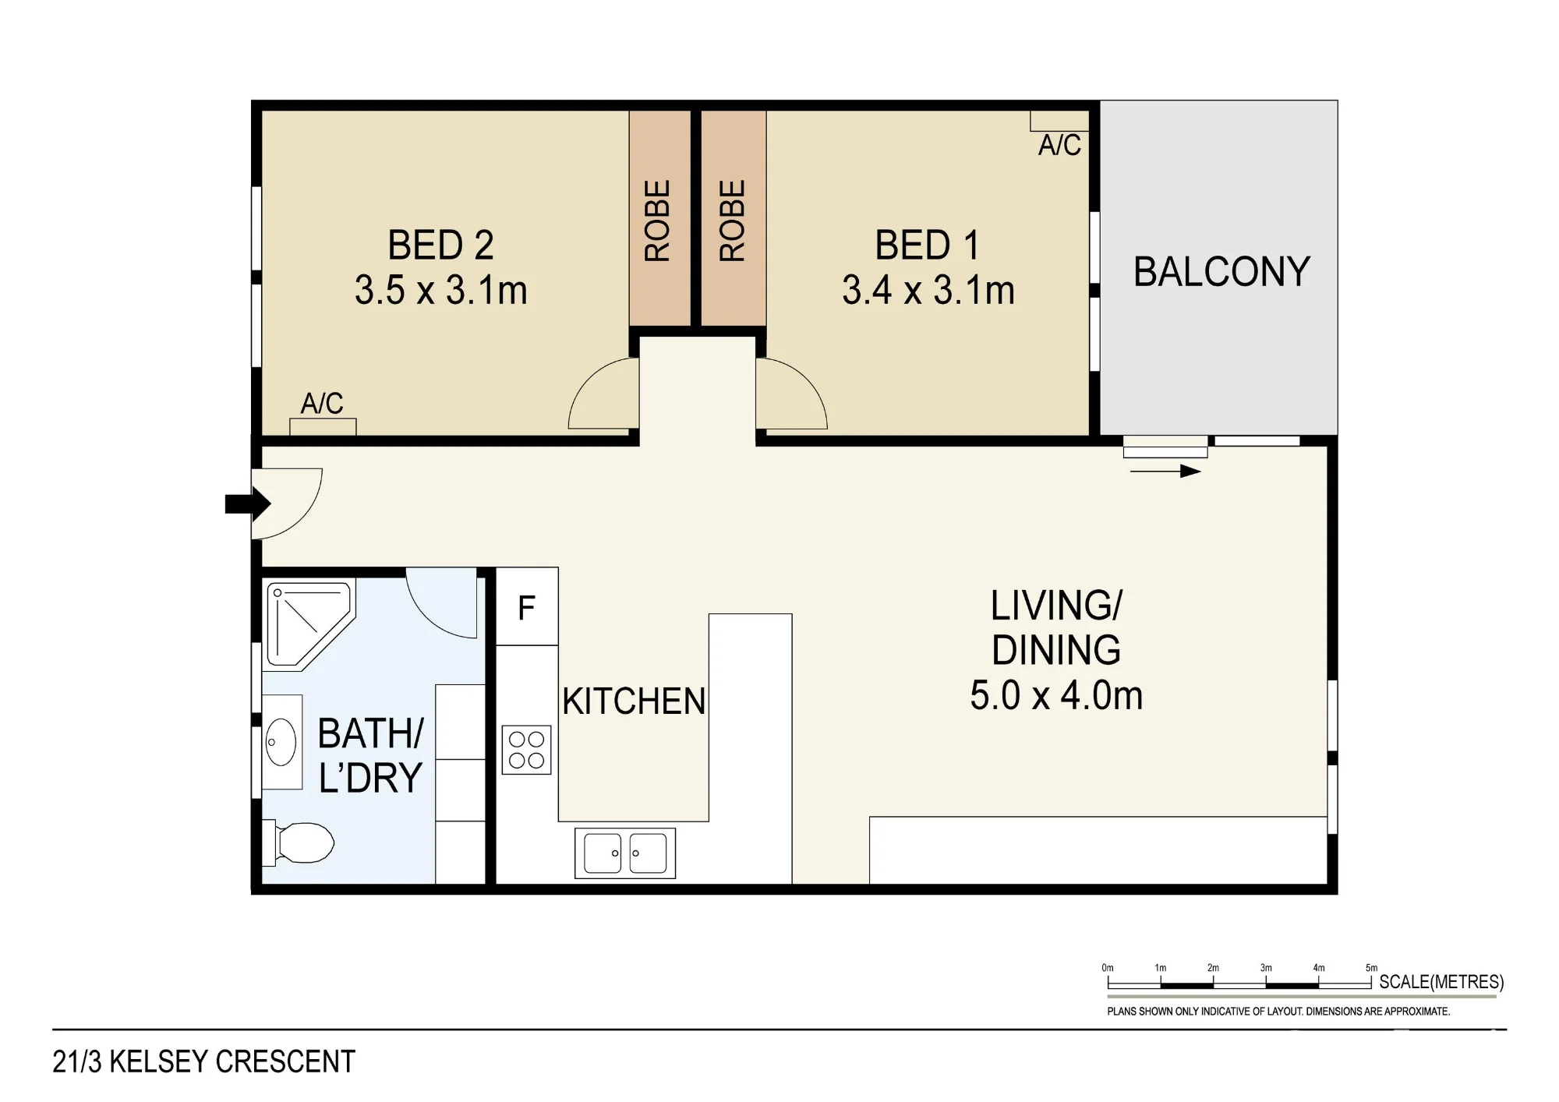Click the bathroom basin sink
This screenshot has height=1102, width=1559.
[x=281, y=742]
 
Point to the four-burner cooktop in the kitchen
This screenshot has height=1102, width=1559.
[x=526, y=750]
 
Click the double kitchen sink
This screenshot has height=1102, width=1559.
[x=625, y=853]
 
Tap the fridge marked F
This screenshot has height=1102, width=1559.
[x=527, y=606]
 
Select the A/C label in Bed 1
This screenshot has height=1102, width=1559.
[x=1059, y=145]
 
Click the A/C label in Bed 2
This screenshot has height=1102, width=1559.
[x=322, y=403]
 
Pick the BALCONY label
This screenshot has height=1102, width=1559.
[x=1221, y=272]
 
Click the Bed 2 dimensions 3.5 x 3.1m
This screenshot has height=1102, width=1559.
[x=441, y=291]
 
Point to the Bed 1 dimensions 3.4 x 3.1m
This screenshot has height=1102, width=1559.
[x=928, y=291]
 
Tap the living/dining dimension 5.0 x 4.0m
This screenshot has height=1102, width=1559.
[x=1056, y=695]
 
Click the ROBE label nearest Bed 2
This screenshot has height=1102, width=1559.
[x=657, y=221]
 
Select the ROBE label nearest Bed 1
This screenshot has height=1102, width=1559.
[x=732, y=221]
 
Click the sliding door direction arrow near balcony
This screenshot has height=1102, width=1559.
[x=1165, y=471]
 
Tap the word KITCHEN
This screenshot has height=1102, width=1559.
[x=634, y=701]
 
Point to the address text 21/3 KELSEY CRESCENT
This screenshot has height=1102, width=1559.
[x=204, y=1061]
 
